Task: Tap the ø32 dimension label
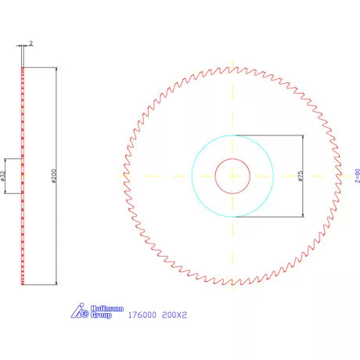click(4, 175)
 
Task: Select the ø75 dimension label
click(299, 176)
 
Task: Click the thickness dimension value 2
click(30, 44)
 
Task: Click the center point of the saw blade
click(232, 176)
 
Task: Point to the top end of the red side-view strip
click(23, 69)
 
